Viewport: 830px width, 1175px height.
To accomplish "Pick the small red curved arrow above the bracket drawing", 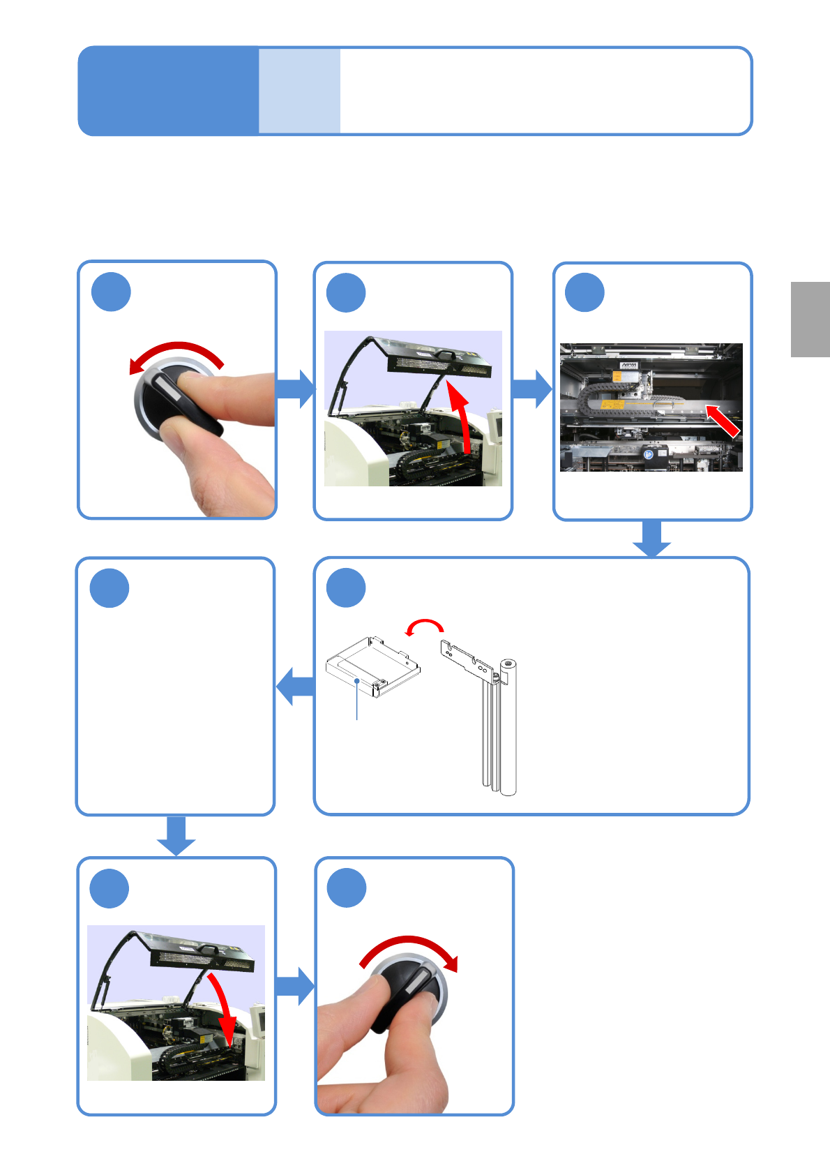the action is pos(425,624).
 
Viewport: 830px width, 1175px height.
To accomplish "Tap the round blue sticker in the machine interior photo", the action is pos(649,454).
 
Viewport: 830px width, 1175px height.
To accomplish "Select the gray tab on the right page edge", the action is pos(810,319).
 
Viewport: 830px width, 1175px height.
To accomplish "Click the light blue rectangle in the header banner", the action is pos(299,91).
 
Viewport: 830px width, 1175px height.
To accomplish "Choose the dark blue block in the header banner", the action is pos(168,91).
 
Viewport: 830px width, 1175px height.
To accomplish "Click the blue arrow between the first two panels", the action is pos(296,389).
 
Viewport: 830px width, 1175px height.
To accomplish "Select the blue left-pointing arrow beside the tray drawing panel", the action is pos(295,687).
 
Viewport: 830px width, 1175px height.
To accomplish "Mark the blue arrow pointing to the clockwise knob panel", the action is pos(295,986).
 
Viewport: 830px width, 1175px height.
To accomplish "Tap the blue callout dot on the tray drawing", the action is pos(357,680).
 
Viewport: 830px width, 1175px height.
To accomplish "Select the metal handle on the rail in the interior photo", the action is pos(663,403).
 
